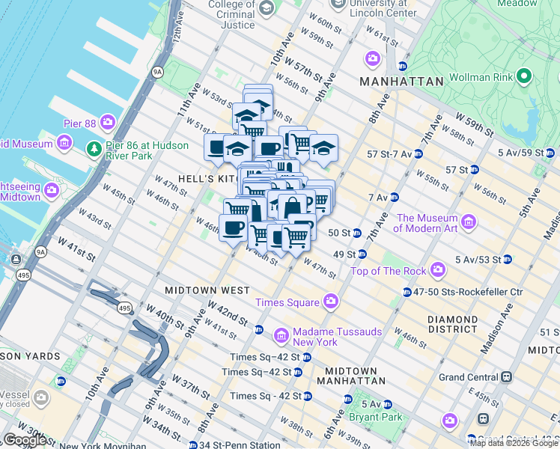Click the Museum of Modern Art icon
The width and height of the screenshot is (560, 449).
coord(469,222)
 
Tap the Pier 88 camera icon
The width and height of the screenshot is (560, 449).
coord(108,121)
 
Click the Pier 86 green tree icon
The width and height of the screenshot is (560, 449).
coord(93,147)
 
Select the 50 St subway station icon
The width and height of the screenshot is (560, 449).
coord(357,233)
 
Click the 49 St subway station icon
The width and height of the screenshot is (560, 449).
coord(361,254)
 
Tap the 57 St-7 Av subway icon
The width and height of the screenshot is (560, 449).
coord(418,154)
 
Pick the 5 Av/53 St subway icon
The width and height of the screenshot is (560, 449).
coord(507,260)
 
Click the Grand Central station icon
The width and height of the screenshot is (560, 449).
coord(507,376)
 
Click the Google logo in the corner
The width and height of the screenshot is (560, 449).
coord(25,440)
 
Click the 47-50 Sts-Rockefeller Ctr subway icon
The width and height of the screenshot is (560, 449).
coord(407,292)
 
